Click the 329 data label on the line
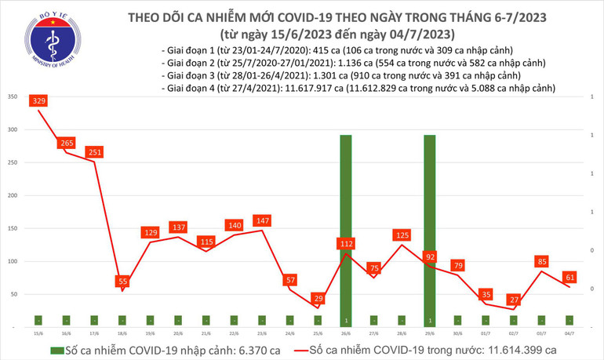(x=38, y=101)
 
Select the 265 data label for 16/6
(x=67, y=143)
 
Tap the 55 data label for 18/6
(x=123, y=280)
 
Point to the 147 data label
(x=262, y=220)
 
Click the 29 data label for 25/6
(x=318, y=299)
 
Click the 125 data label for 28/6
(x=402, y=235)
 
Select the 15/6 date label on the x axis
(x=38, y=333)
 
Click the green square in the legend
(x=56, y=350)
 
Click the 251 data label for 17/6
(x=95, y=152)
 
